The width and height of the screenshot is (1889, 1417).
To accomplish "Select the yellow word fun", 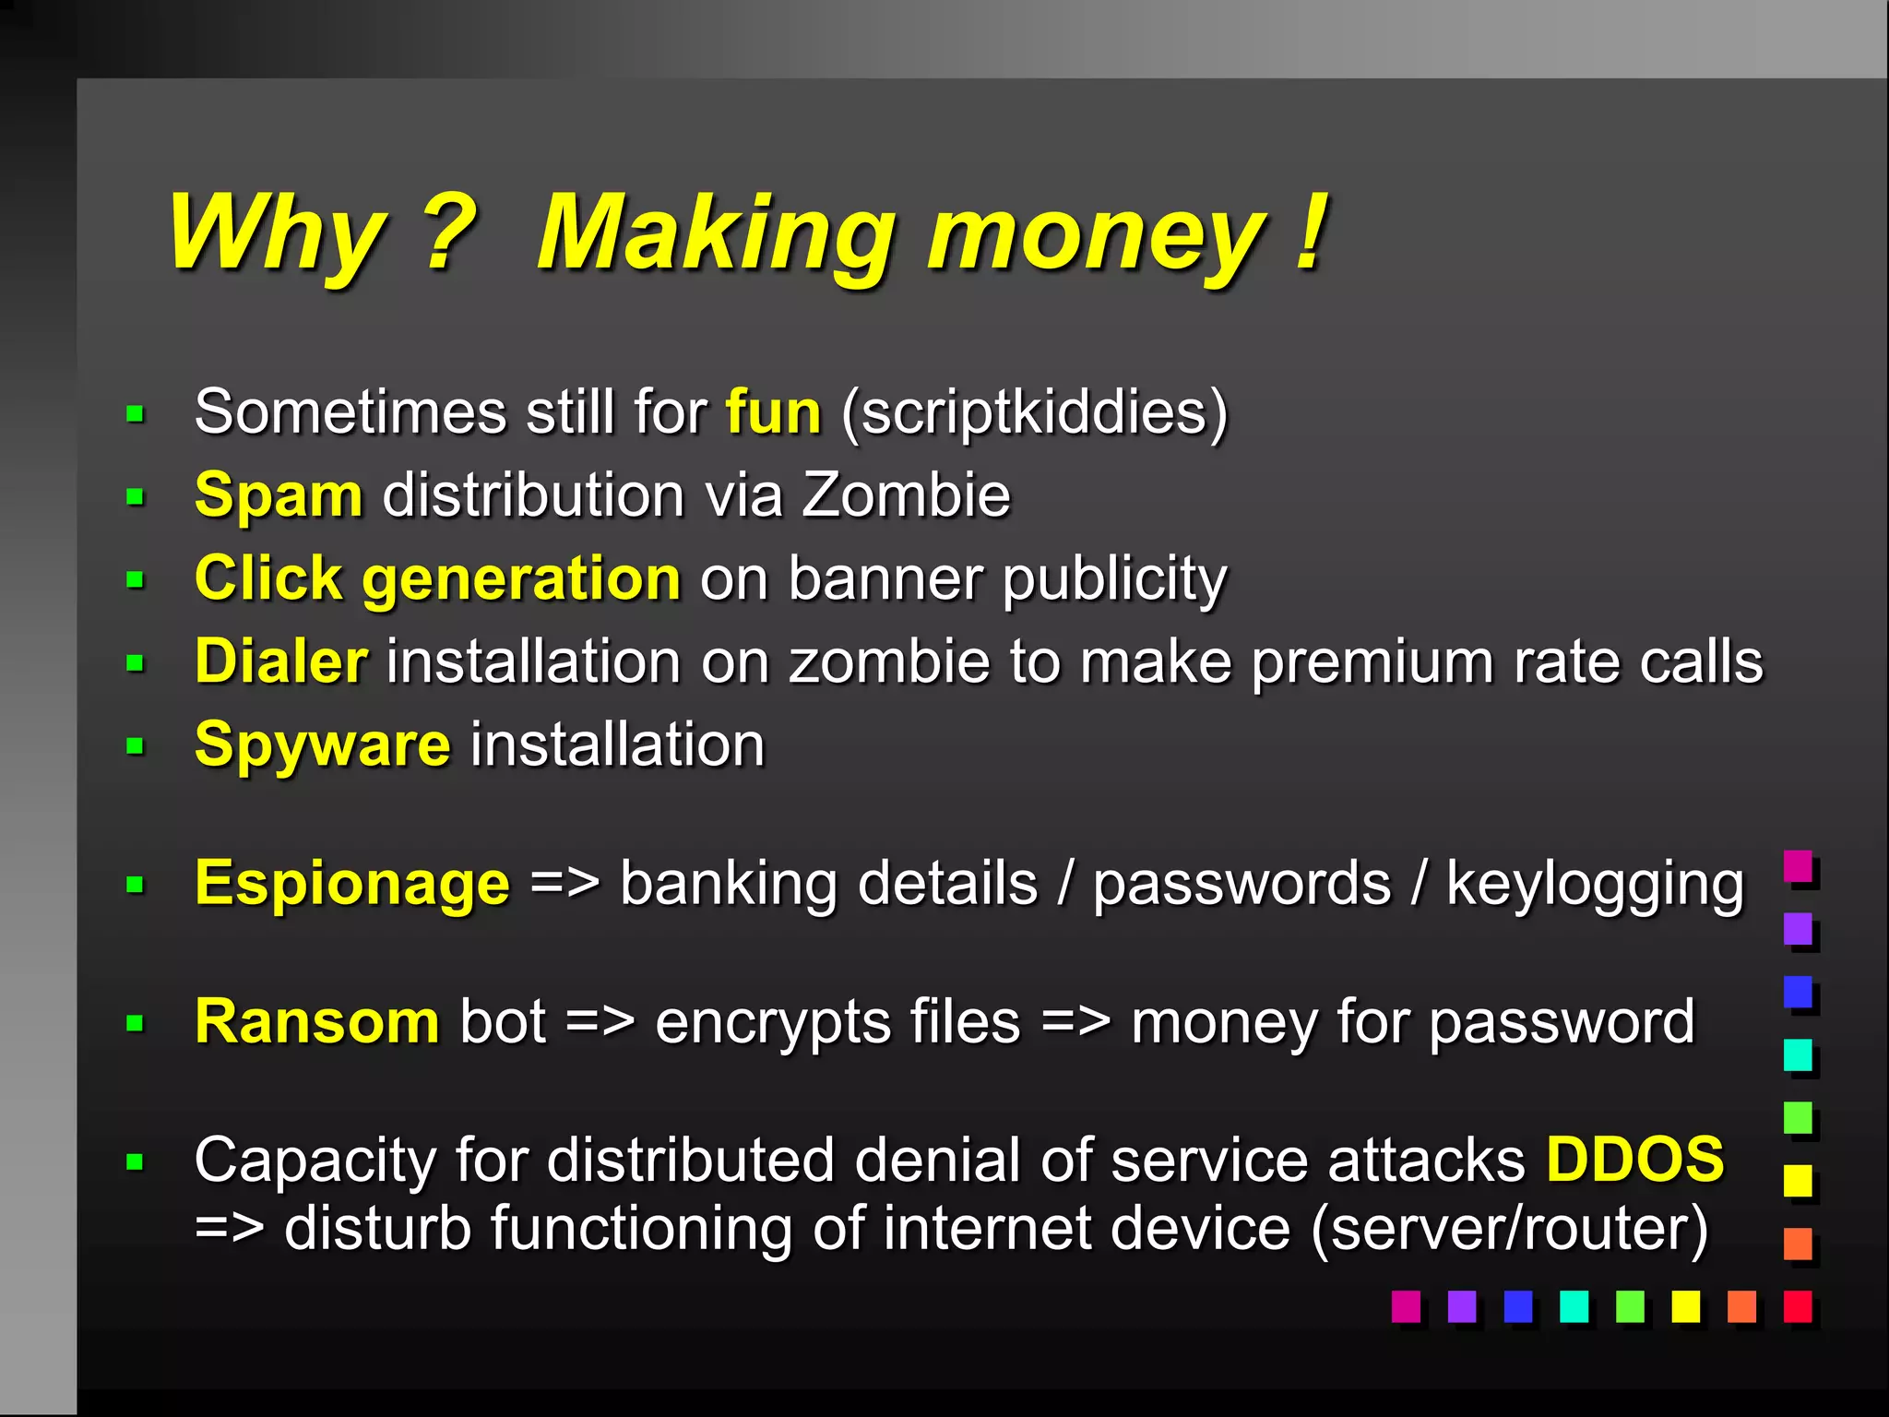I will pos(773,411).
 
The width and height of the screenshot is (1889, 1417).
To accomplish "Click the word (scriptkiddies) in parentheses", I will pos(1035,412).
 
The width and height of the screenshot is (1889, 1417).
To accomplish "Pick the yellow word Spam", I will pos(279,495).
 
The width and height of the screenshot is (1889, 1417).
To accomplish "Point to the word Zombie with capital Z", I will pos(906,495).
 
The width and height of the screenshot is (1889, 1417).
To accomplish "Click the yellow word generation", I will pos(521,579).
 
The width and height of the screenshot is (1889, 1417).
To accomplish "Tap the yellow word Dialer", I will pos(281,661).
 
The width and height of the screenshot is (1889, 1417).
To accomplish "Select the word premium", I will pos(1372,662).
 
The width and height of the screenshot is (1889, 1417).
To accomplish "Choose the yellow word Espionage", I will pos(351,884).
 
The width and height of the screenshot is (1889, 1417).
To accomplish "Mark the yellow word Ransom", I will pos(316,1022).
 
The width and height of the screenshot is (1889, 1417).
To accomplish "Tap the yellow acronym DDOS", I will pos(1634,1160).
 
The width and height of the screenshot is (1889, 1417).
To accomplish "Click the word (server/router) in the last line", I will pos(1509,1229).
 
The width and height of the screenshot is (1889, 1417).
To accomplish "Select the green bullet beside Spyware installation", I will pos(136,745).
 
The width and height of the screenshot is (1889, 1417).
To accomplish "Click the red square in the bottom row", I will pos(1797,1306).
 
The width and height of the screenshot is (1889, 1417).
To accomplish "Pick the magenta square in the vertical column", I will pos(1798,866).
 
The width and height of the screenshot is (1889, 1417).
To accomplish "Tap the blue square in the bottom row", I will pos(1517,1306).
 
